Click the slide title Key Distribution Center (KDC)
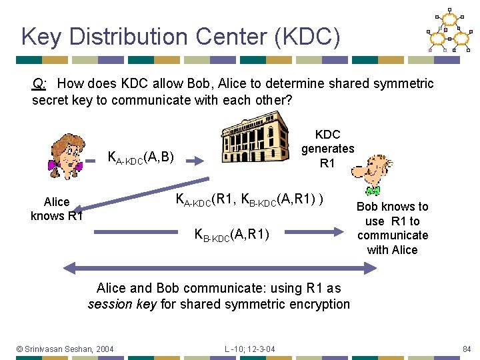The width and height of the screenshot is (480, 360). coord(181,37)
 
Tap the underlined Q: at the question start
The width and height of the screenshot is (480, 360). coord(39,84)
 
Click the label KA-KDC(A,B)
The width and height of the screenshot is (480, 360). coord(141,158)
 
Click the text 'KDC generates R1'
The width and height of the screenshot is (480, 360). coord(327,149)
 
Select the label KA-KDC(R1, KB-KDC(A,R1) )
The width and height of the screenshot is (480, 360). coord(250,199)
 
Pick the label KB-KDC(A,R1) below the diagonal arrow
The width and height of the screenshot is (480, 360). coord(231,234)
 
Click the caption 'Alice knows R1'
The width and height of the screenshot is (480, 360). coord(57,209)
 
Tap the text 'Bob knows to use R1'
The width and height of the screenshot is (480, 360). coord(392,214)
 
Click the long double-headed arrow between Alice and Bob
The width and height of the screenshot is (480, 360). coord(220,268)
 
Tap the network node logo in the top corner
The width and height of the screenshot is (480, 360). coord(448,31)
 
